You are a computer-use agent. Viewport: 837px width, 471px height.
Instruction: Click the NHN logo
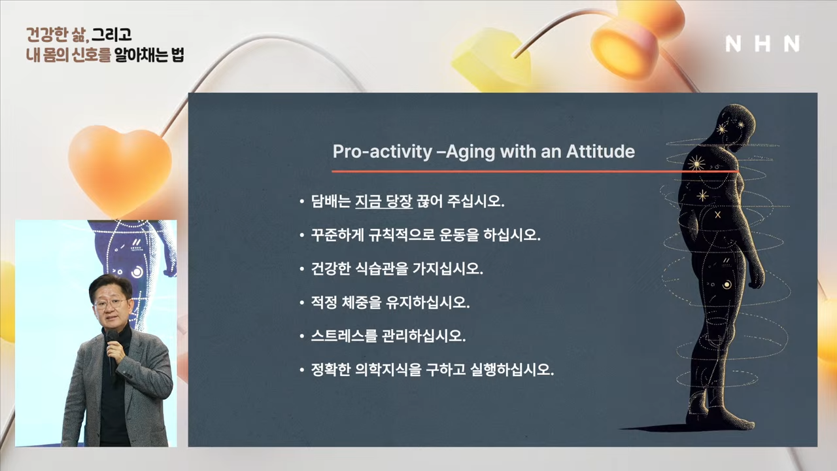pos(762,44)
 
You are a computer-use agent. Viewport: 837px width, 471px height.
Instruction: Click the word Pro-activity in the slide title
pos(383,151)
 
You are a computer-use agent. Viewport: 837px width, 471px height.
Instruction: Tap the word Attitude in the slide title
pos(600,151)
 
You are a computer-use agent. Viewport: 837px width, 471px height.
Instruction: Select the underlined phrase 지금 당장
pos(384,201)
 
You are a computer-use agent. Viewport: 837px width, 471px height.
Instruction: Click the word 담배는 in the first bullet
pos(331,201)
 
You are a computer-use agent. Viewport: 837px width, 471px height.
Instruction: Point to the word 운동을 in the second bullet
pos(459,235)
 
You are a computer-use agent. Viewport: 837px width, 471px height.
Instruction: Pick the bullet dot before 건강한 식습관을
pos(302,269)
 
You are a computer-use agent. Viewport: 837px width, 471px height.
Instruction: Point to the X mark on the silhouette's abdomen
pos(717,215)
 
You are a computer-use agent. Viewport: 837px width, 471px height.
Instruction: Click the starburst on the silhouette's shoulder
pos(696,164)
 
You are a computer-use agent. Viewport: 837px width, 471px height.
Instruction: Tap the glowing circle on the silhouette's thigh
pos(726,285)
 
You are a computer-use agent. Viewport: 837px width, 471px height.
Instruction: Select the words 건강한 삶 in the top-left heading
pos(57,35)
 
